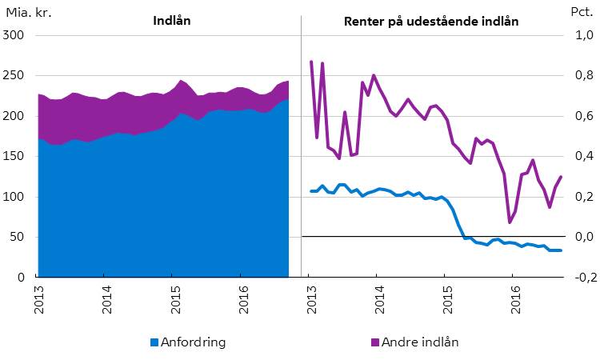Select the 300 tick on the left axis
click(15, 36)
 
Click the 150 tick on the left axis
click(15, 157)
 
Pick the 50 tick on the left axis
click(18, 238)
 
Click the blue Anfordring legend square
click(154, 342)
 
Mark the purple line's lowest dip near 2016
click(510, 222)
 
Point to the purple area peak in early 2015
click(182, 80)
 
